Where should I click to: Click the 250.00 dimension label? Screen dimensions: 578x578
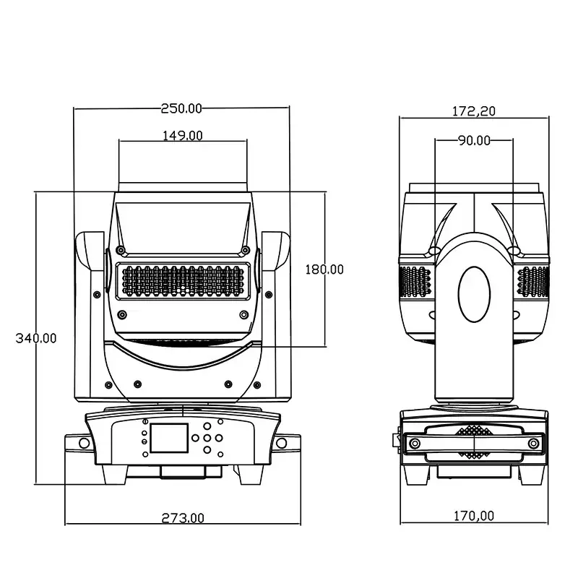point(182,108)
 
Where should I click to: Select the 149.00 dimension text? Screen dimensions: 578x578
point(183,136)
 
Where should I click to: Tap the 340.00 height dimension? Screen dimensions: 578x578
point(36,338)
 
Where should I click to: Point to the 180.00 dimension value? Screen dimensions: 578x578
point(324,269)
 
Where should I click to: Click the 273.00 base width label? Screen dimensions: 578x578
point(183,518)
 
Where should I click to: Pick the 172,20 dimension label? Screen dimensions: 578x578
point(474,111)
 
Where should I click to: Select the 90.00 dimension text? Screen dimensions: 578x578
point(474,140)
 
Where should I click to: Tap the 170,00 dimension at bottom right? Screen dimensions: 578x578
point(474,516)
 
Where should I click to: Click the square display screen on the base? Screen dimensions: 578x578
point(170,438)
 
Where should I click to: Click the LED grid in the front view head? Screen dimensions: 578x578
point(184,281)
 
